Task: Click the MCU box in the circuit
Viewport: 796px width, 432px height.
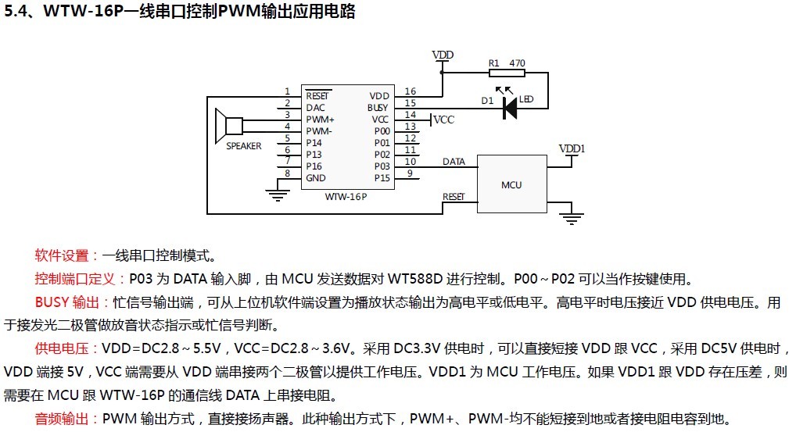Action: pos(511,184)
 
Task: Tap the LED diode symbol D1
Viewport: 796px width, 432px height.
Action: pos(510,108)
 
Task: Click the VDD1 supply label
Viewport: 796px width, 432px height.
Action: pos(572,148)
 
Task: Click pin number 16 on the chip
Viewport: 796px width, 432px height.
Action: pos(411,92)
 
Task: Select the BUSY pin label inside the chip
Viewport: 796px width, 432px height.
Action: pos(378,107)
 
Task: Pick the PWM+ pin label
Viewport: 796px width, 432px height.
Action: pos(320,120)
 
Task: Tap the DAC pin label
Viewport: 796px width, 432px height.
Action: pos(315,108)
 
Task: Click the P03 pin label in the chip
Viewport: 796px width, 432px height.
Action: pos(382,166)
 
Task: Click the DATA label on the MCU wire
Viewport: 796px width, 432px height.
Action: pos(454,162)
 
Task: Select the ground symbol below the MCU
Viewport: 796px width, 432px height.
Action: pos(574,220)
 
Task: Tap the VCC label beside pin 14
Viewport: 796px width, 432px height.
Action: pos(443,120)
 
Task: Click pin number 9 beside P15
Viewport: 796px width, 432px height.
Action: pos(410,173)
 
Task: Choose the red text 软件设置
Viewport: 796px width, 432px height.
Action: pos(62,255)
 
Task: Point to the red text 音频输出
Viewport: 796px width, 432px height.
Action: pos(62,420)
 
